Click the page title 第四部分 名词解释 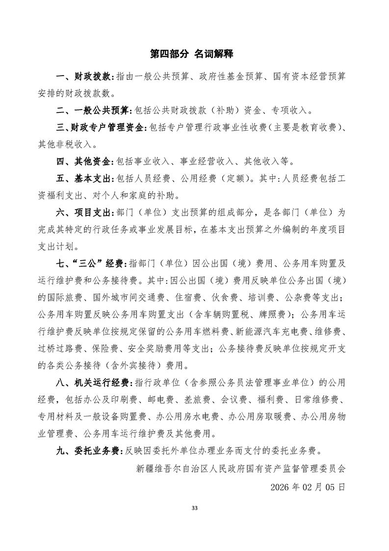[x=194, y=54]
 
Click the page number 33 [x=194, y=507]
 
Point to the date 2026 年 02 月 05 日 [x=308, y=487]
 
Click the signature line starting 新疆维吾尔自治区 [x=241, y=468]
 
